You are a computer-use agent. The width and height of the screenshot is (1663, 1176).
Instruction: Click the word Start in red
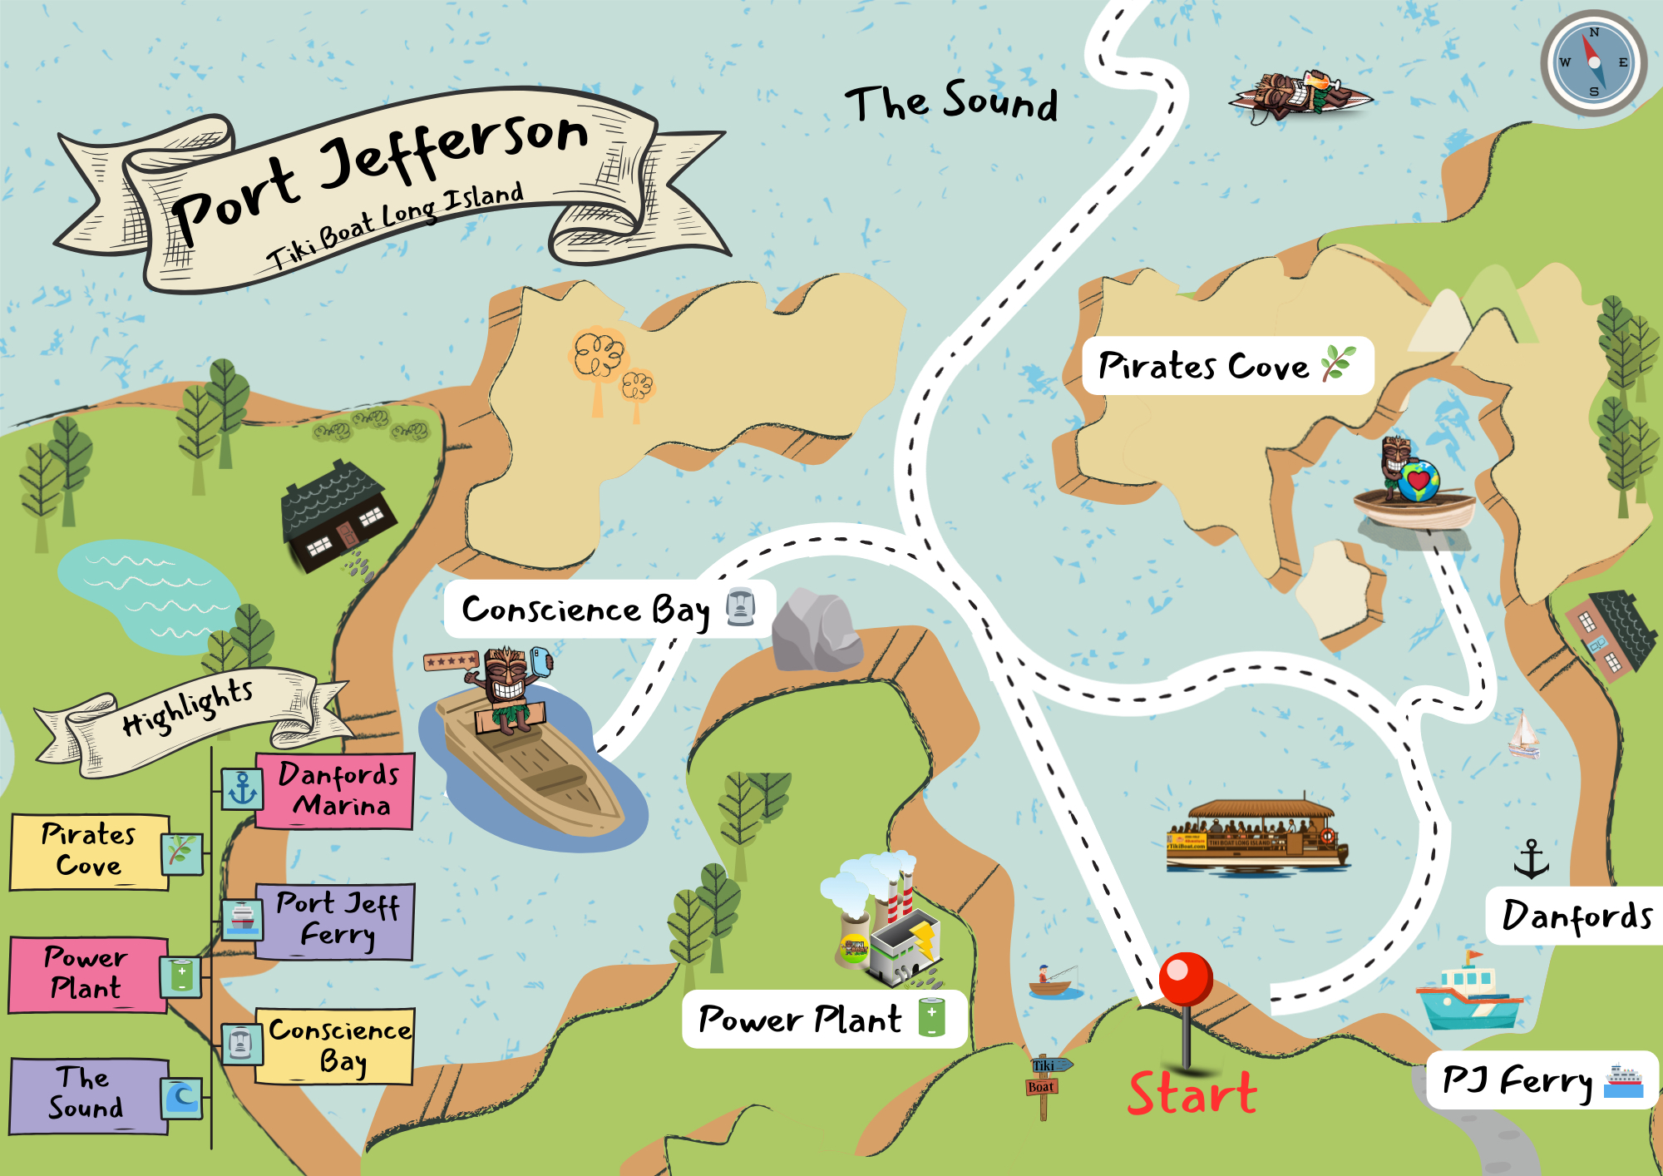click(1192, 1093)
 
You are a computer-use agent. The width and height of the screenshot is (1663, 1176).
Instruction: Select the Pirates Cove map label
click(1226, 366)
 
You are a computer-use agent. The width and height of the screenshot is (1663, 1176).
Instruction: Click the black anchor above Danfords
click(1531, 859)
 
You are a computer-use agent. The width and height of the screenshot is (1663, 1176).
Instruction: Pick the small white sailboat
click(1523, 735)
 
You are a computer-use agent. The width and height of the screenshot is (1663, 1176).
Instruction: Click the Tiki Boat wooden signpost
click(1044, 1082)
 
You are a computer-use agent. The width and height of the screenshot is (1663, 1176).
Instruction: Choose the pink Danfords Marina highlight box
click(334, 791)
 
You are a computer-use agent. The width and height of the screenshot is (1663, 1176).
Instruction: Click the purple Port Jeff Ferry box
click(334, 921)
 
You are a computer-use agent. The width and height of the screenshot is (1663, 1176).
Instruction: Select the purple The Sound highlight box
click(88, 1095)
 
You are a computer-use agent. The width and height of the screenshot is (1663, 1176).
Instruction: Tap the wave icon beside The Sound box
click(181, 1098)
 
